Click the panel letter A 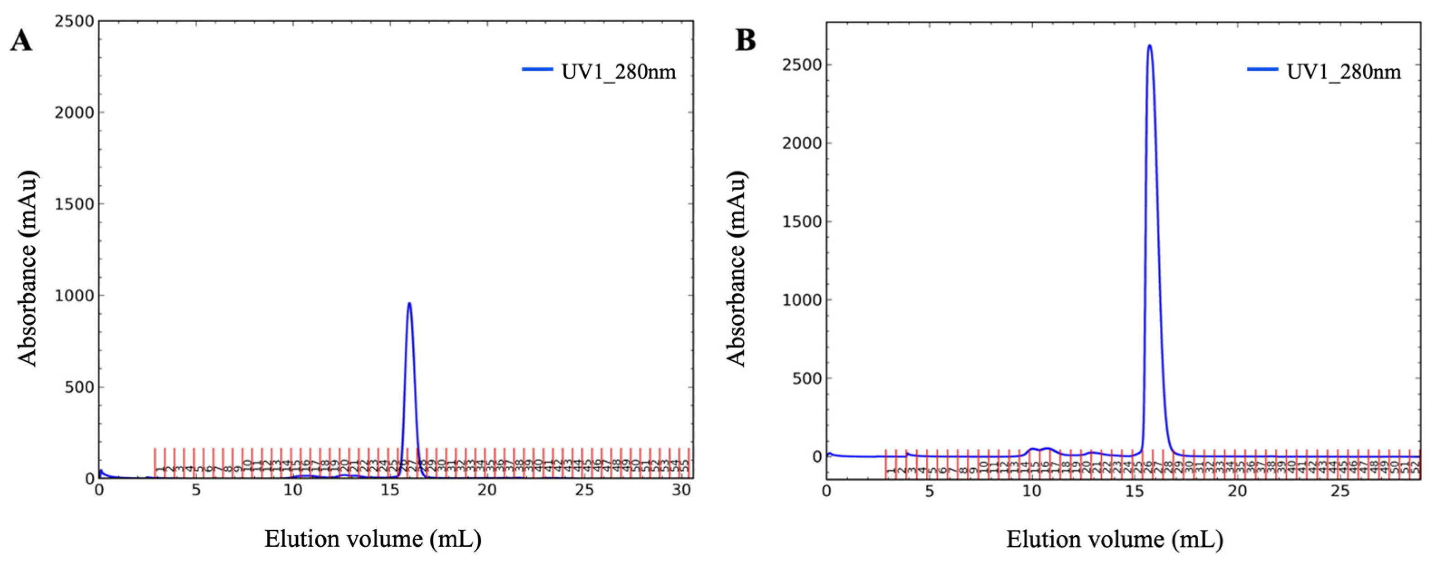[21, 41]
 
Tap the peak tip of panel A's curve [409, 303]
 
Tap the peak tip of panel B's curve [1150, 46]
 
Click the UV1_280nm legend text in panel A [619, 72]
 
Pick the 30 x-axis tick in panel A [682, 490]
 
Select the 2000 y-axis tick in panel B [801, 143]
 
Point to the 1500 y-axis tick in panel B [801, 222]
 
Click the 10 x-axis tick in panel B [1032, 491]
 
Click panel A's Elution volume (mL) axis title [372, 538]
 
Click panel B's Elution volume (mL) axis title [1114, 538]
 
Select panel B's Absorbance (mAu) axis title [736, 268]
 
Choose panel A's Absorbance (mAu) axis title [27, 268]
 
